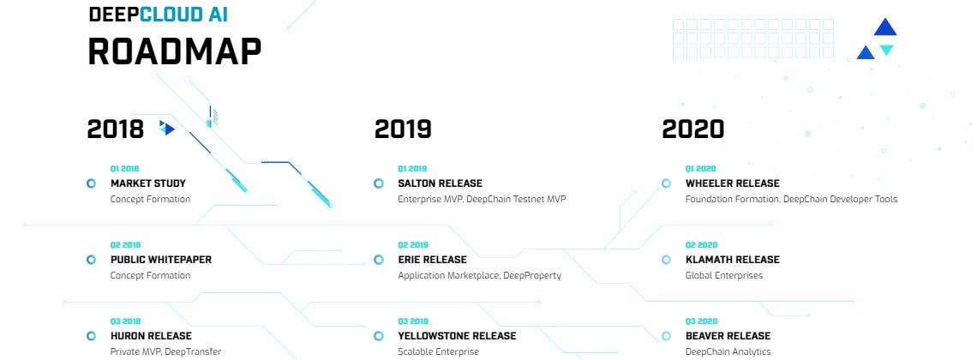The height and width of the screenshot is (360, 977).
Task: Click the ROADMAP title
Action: pos(175,51)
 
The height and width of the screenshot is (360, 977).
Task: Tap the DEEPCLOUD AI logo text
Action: pos(159,14)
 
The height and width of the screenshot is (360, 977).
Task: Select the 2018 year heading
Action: pos(116,129)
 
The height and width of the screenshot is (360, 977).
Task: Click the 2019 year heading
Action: pos(403,129)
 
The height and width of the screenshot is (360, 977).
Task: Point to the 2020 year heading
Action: pos(692,129)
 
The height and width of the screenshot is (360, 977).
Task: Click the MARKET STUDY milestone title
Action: pos(148,183)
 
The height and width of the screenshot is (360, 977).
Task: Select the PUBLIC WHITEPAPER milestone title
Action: pos(161,259)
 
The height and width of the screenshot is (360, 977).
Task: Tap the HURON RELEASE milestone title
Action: pos(152,336)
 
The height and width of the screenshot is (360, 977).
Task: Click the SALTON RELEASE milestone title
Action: pos(440,183)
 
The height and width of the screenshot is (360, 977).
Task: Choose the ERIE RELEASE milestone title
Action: pos(433,259)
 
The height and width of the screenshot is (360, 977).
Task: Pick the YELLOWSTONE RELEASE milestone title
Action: pos(458,336)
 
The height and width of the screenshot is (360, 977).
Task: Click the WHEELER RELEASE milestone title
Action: pos(732,183)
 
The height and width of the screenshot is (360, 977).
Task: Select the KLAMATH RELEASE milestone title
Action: pos(732,259)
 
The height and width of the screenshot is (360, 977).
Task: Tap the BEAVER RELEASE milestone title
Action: pos(728,336)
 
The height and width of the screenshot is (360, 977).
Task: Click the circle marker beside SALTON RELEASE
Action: pos(378,183)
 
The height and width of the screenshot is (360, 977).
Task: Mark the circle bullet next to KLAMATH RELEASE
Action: pos(666,259)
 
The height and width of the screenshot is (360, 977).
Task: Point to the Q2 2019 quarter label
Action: pos(412,245)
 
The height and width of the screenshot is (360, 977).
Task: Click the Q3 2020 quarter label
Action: pos(701,321)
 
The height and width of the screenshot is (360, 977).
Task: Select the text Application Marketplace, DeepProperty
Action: pos(480,275)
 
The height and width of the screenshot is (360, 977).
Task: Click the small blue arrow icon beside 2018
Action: pos(167,128)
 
